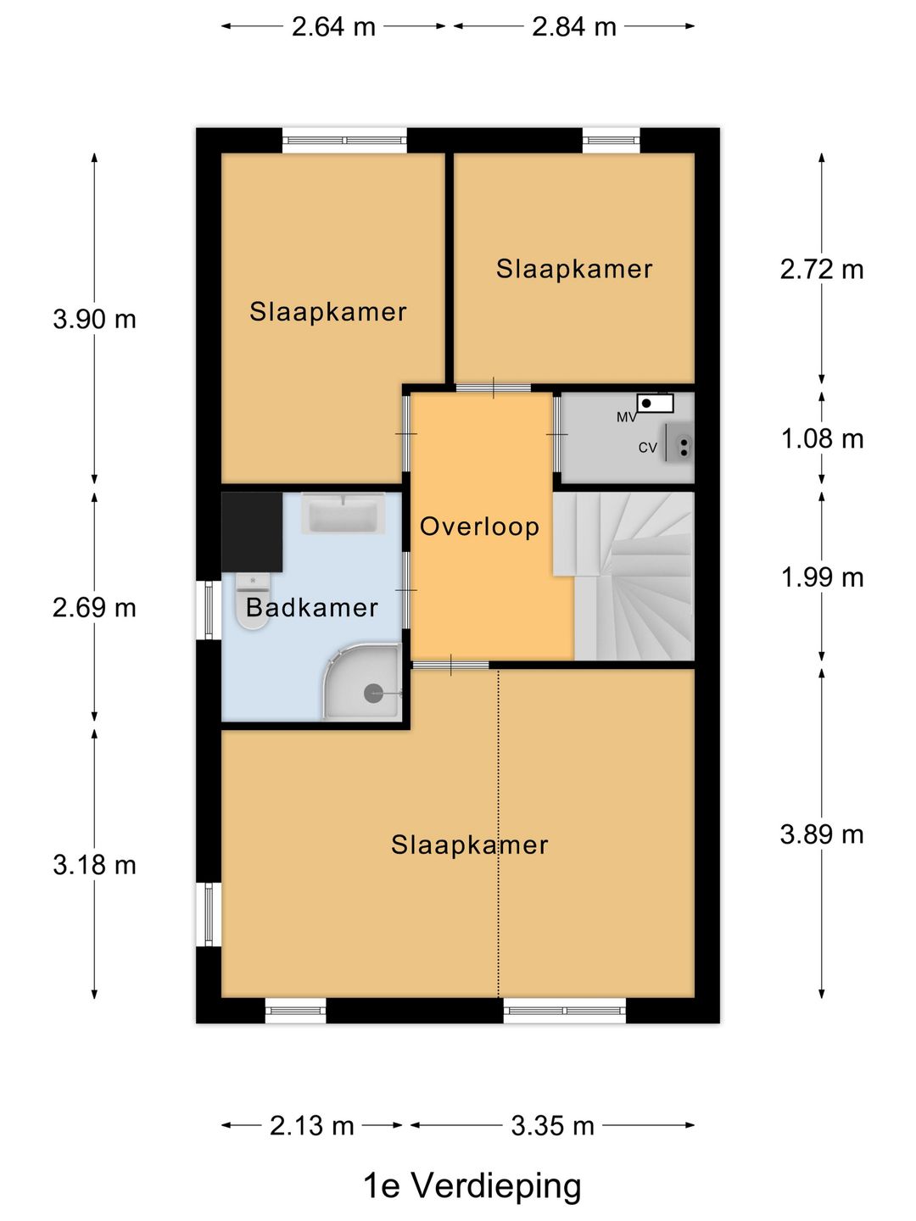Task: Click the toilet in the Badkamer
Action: coord(253,601)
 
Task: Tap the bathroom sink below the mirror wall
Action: coord(343,513)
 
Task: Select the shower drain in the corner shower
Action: coord(372,694)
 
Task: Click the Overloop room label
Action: coord(479,527)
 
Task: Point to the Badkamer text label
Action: coord(312,607)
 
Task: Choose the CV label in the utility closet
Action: coord(647,448)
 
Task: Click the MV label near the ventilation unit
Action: coord(626,417)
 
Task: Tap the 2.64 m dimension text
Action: coord(333,26)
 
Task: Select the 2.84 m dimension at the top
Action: coord(574,26)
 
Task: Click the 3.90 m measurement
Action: coord(94,320)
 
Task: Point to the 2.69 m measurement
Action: coord(94,607)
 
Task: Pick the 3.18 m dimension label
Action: coord(94,865)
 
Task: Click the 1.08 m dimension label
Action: coord(822,439)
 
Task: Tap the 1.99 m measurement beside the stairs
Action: coord(822,577)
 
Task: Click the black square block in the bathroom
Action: coord(252,532)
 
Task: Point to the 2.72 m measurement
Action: coord(822,270)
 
